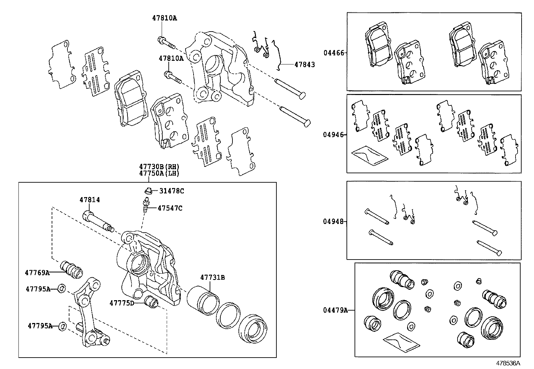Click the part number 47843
[305, 64]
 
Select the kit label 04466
[333, 53]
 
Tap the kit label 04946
[333, 135]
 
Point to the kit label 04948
[333, 222]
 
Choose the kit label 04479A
[335, 310]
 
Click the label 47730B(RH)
[159, 167]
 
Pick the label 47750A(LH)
[159, 174]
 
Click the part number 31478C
[171, 191]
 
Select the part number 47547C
[170, 208]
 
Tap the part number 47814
[90, 200]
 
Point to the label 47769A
[37, 273]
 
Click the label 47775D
[122, 303]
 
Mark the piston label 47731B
[212, 277]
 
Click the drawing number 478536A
[508, 363]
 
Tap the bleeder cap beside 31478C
[147, 191]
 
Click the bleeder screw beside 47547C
[146, 205]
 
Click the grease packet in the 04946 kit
[369, 156]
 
